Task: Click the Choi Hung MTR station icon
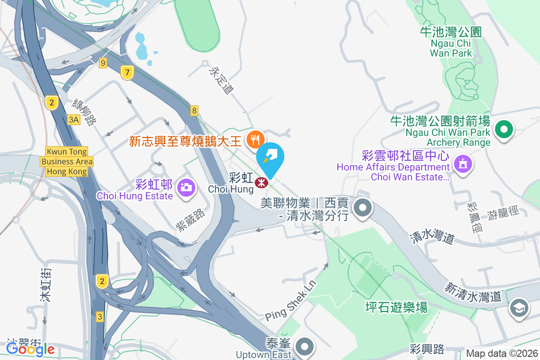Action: [261, 183]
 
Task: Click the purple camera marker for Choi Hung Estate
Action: [186, 186]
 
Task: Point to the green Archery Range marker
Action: [504, 130]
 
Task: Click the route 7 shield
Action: [128, 72]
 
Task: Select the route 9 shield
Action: [103, 63]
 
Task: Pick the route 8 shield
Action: [194, 110]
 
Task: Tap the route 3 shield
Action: [100, 317]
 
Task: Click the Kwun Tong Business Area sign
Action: [67, 162]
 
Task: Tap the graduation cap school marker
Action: [519, 308]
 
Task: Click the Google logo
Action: [31, 349]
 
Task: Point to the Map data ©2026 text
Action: [501, 354]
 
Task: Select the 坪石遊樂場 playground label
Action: [396, 308]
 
